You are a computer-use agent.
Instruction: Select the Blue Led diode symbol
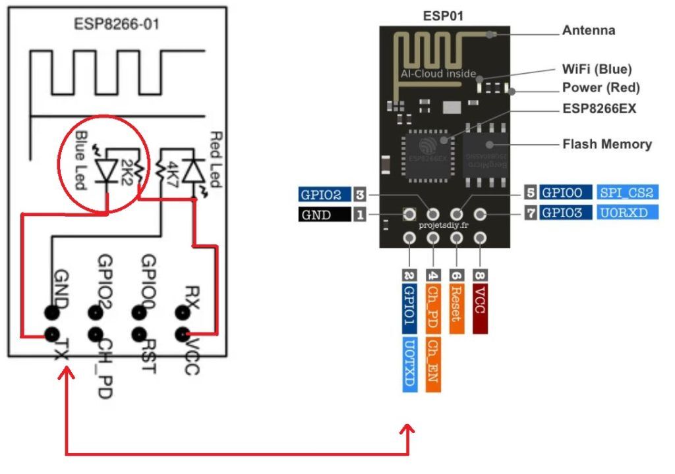click(105, 169)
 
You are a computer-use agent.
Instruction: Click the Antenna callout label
click(588, 31)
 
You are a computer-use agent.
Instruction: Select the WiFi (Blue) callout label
click(597, 69)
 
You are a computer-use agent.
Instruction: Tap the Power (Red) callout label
click(601, 88)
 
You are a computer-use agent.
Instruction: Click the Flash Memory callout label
click(606, 144)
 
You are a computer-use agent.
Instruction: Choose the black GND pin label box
click(324, 215)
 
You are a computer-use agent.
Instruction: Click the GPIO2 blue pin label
click(324, 195)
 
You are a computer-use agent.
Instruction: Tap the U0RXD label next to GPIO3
click(624, 213)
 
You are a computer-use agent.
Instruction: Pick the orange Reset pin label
click(456, 303)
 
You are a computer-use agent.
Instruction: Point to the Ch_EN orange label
click(433, 365)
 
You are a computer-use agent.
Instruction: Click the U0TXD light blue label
click(410, 365)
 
